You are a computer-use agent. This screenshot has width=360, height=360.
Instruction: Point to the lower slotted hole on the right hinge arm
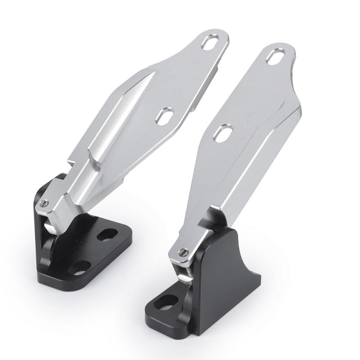click(x=223, y=133)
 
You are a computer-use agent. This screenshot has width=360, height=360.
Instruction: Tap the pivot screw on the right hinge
click(x=183, y=252)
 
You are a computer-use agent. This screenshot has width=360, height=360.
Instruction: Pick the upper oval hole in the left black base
click(x=107, y=234)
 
